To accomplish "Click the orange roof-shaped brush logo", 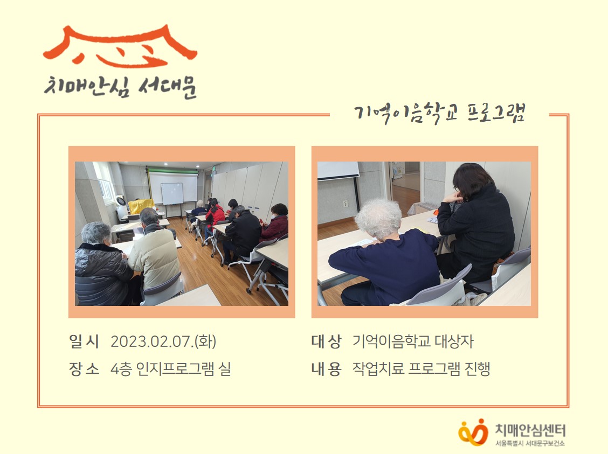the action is tap(120, 46).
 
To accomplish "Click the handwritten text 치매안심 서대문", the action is tap(121, 87).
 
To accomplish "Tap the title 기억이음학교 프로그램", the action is tap(439, 113).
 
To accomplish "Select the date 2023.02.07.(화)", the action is tap(163, 341).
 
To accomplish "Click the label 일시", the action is tap(84, 341).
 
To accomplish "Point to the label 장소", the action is tap(84, 369).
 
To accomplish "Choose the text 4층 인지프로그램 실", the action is tap(171, 369).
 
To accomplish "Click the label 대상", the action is tap(326, 341).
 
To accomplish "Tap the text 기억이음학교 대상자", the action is tap(413, 341).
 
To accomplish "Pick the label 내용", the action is tap(326, 369).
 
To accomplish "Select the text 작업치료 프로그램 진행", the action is tap(422, 369).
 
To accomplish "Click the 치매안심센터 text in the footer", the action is tap(530, 430).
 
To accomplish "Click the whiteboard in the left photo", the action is tap(172, 193).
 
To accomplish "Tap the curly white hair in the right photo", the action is tap(378, 218).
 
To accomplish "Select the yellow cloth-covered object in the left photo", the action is tap(141, 206).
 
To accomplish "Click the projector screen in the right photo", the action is tap(338, 170).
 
